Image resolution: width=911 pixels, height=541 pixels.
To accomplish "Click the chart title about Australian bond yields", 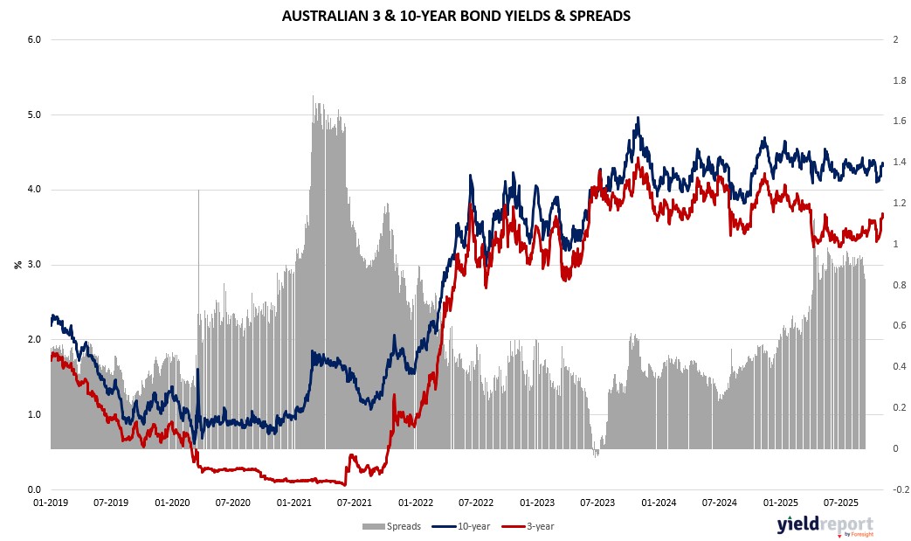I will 455,16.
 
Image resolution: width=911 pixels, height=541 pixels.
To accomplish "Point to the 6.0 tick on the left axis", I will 36,40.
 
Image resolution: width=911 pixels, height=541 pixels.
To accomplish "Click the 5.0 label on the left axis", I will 36,114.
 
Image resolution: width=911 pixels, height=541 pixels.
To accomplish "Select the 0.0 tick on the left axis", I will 36,489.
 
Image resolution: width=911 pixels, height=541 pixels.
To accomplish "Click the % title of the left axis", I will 17,264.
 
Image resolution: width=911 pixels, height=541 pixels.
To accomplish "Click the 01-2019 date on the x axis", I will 51,503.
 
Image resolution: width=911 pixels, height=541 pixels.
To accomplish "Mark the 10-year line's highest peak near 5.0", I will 638,118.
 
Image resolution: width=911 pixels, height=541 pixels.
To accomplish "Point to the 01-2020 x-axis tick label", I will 172,503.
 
